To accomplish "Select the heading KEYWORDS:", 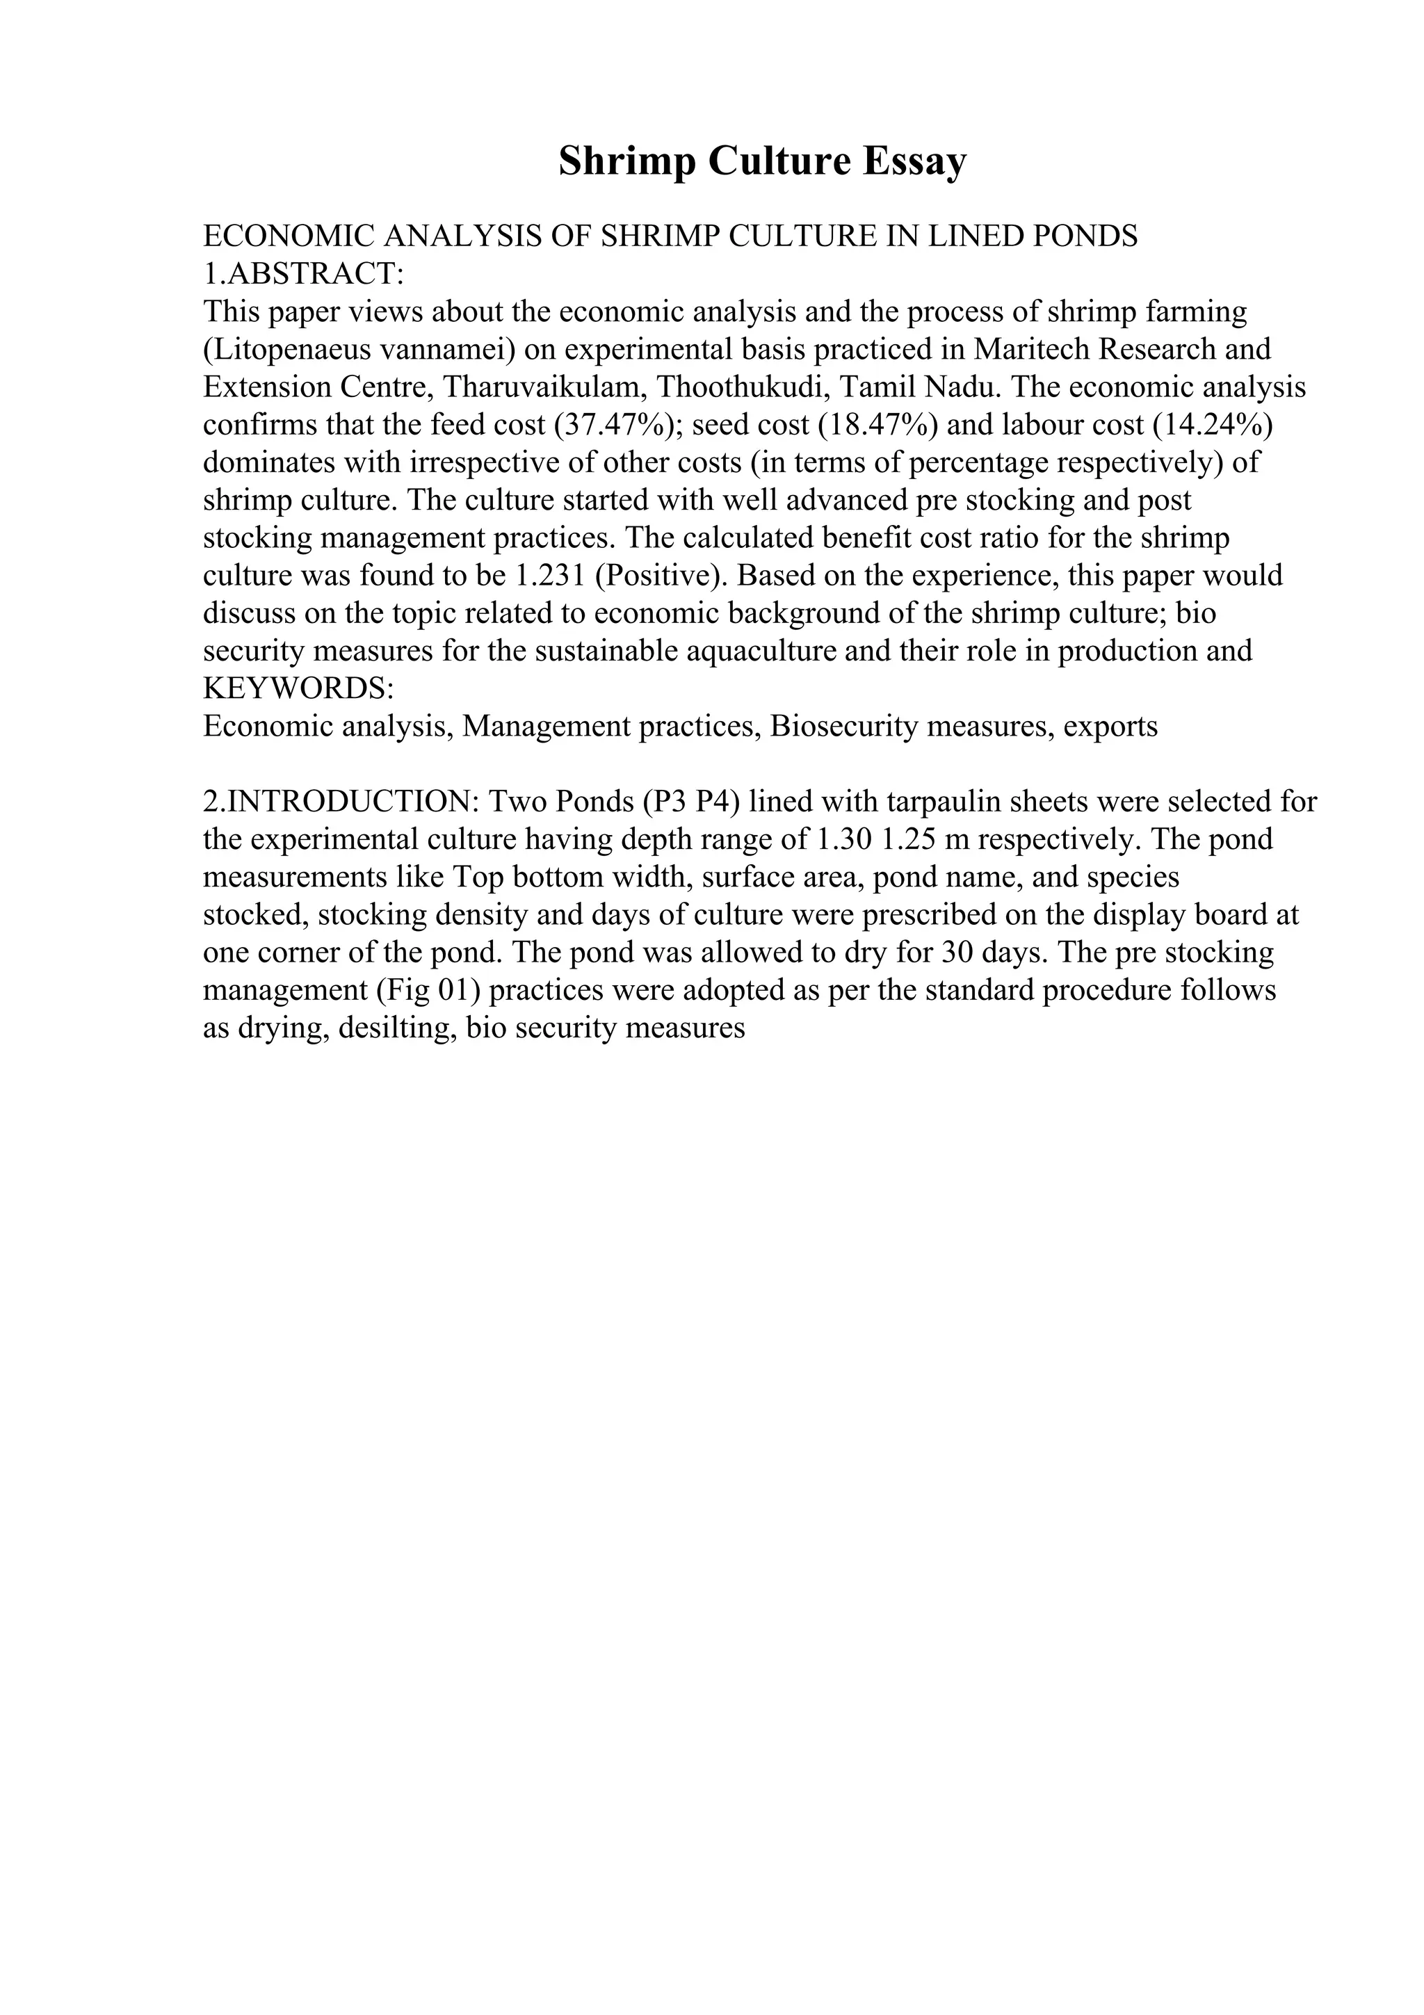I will (298, 689).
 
